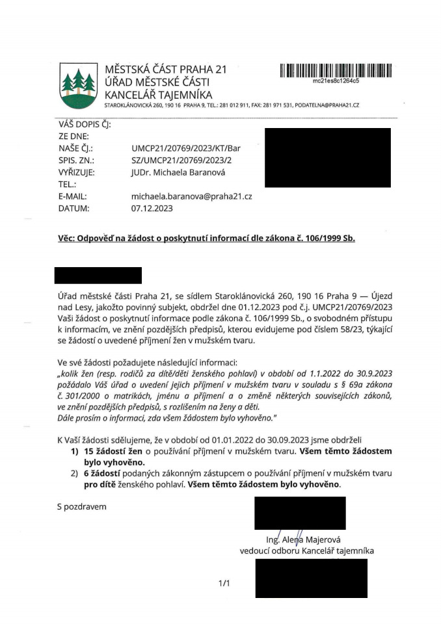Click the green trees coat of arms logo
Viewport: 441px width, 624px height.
tap(79, 85)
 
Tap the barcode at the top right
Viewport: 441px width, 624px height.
tap(336, 71)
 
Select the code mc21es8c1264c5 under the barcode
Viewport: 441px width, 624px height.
tap(336, 82)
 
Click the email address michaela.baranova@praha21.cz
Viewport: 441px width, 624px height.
tap(191, 196)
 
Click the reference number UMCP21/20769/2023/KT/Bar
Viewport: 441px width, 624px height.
tap(186, 148)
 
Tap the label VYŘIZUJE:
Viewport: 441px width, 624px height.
tap(77, 172)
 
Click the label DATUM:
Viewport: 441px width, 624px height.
tap(73, 209)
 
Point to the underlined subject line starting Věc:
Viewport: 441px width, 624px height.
tap(206, 239)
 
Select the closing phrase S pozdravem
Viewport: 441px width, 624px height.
tap(81, 506)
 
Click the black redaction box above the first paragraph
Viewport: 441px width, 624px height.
tap(98, 275)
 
